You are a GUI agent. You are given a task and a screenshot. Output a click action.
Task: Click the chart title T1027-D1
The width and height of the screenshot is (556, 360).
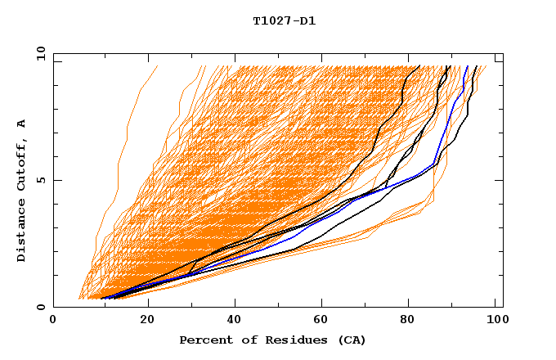284,21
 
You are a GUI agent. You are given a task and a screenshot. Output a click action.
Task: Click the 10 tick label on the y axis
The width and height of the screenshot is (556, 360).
39,52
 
